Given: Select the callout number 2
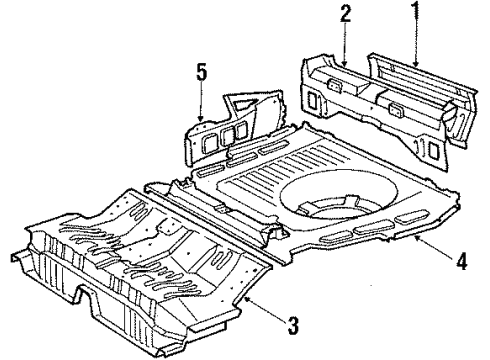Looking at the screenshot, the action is coord(345,14).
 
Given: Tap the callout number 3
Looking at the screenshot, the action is coord(293,325).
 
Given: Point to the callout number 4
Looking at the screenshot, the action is coord(461,261).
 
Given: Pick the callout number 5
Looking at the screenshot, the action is coord(201,73).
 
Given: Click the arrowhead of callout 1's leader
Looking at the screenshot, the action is coord(415,63).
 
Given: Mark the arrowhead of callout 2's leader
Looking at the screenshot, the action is coord(345,62).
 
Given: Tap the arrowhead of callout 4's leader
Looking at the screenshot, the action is coord(417,237).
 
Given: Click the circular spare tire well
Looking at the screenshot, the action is coord(338,194).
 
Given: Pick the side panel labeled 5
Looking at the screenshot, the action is coord(233,128).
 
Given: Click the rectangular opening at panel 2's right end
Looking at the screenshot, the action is coord(433,151).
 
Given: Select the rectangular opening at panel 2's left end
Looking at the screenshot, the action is coord(312,100).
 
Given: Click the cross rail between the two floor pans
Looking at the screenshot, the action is coord(213,223).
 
